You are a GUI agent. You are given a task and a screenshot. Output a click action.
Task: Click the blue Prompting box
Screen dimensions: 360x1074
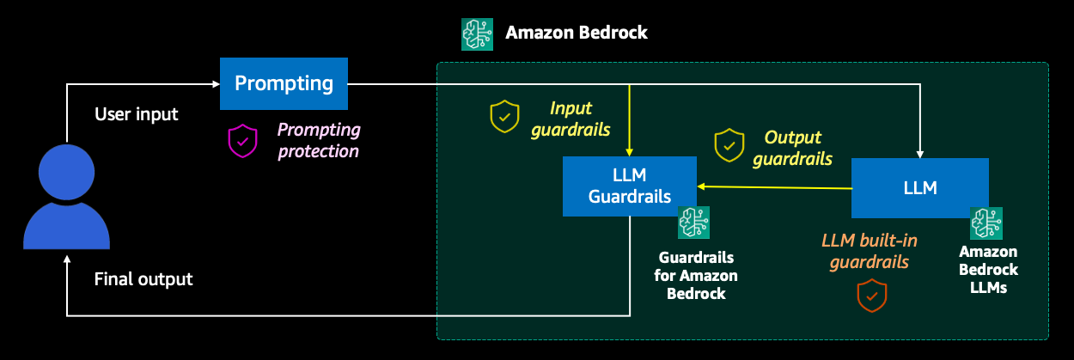click(x=284, y=83)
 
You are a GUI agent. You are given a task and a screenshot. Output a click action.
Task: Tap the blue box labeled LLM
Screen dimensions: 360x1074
click(x=919, y=187)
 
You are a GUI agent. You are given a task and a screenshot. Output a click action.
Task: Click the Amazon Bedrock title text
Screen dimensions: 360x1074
click(x=576, y=34)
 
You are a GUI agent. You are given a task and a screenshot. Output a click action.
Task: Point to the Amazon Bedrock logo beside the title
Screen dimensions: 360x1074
click(x=477, y=34)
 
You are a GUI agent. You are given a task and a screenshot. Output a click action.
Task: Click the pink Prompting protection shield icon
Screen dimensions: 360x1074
click(x=242, y=141)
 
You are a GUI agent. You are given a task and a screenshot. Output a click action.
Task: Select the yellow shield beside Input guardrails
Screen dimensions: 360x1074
click(x=504, y=116)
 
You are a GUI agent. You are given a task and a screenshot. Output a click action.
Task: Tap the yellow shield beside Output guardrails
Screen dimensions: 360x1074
click(x=729, y=146)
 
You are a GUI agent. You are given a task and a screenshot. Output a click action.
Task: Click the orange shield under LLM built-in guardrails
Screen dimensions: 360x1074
click(x=872, y=295)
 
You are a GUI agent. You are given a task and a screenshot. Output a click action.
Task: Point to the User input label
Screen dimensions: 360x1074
click(x=136, y=114)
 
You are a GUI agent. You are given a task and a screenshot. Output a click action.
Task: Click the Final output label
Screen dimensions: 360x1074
click(x=143, y=279)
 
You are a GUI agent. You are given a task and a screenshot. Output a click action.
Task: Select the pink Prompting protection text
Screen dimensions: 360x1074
click(x=318, y=141)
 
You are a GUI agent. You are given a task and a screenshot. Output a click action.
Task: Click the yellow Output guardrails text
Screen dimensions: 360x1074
click(x=798, y=148)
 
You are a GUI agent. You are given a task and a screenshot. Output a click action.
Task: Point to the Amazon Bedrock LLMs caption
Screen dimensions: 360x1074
click(x=988, y=270)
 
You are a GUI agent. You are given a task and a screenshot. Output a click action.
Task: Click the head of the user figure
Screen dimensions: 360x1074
click(x=66, y=170)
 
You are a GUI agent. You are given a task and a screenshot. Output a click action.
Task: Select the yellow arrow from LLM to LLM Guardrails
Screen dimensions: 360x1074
click(x=773, y=186)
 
